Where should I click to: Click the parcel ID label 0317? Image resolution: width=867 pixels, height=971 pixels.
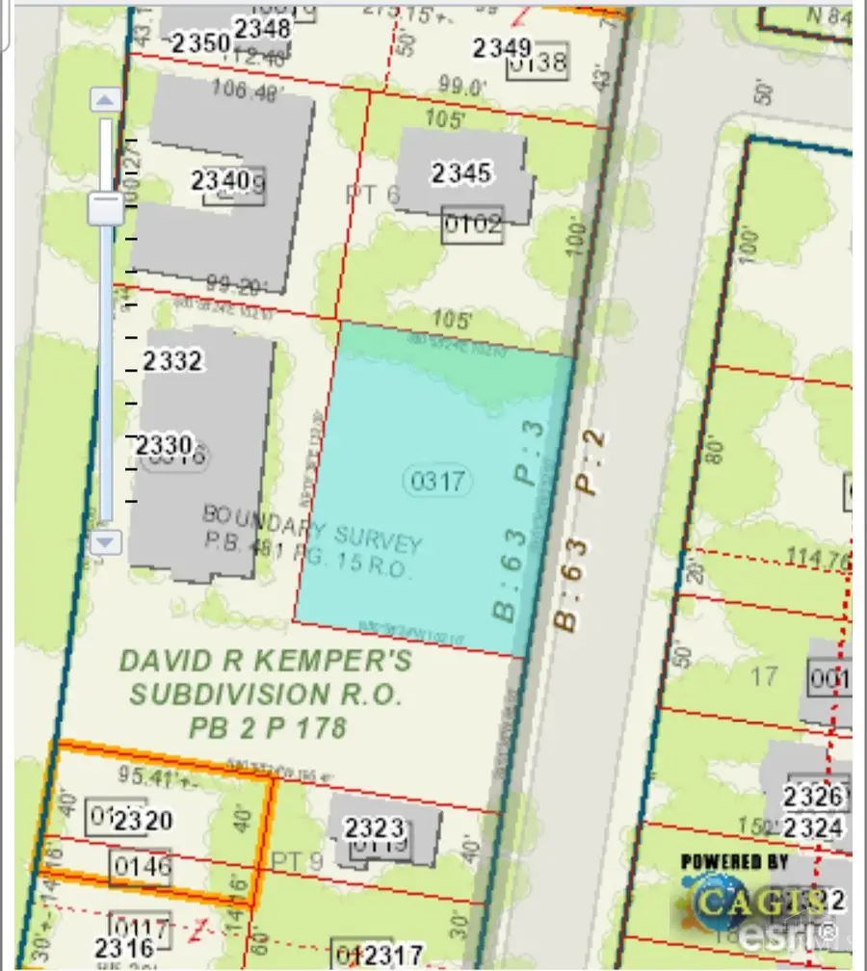[x=438, y=481]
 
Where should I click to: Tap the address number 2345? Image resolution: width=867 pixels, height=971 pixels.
[x=461, y=173]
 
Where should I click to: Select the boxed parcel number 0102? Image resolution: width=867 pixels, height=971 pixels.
[x=472, y=225]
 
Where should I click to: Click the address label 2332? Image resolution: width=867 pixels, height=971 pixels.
[x=173, y=361]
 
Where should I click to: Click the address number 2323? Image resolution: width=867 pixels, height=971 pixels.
[x=374, y=827]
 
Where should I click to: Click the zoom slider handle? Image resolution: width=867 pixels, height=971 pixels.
[x=105, y=208]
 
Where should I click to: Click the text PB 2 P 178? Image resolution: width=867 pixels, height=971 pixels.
[x=267, y=726]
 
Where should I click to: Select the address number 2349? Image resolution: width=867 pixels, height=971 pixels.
[x=503, y=47]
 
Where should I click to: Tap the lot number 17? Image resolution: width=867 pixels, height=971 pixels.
[x=763, y=676]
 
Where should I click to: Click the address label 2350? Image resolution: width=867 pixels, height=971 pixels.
[x=199, y=43]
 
